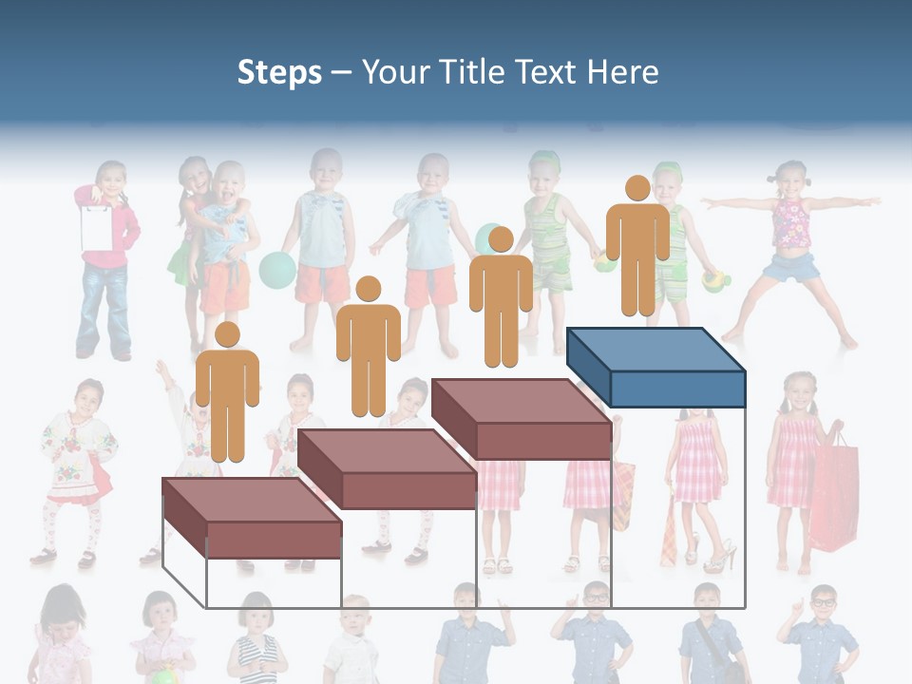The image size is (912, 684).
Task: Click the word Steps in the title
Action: (x=279, y=72)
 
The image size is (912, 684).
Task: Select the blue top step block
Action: (x=655, y=366)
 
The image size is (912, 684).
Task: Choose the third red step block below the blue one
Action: (x=521, y=418)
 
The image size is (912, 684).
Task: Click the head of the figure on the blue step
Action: (x=637, y=188)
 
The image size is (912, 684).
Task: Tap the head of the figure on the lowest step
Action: (x=227, y=334)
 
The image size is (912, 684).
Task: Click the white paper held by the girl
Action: (x=96, y=227)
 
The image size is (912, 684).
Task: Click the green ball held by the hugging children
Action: (x=276, y=269)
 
